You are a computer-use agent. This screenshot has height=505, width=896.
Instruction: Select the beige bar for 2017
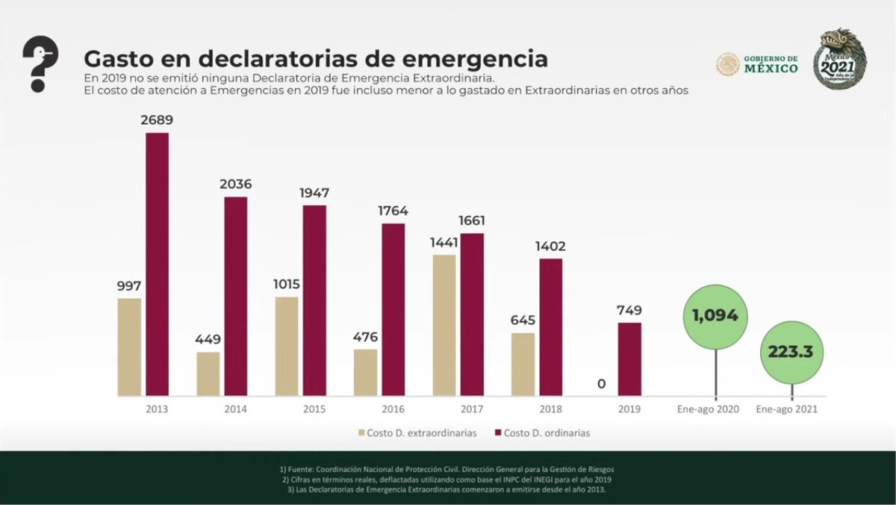444,325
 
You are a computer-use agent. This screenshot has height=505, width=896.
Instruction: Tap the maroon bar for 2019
629,359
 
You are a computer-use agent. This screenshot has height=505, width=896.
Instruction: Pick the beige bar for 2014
208,374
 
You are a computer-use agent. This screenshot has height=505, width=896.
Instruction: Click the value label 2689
157,120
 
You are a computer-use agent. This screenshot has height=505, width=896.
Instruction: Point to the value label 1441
444,242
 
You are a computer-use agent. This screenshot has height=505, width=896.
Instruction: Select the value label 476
365,337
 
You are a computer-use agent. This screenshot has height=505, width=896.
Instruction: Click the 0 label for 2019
602,384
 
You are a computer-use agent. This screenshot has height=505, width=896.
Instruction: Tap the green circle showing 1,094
715,316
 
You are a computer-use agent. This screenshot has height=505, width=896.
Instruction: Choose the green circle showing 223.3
791,353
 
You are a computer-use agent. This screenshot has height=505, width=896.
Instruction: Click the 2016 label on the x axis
393,409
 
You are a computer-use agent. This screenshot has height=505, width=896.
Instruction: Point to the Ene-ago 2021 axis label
786,409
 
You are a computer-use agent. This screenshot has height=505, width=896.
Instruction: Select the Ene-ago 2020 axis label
709,409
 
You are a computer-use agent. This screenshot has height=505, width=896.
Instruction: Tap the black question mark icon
40,63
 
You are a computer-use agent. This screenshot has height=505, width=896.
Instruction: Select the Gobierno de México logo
757,64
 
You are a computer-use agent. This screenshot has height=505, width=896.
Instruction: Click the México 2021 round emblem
839,59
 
